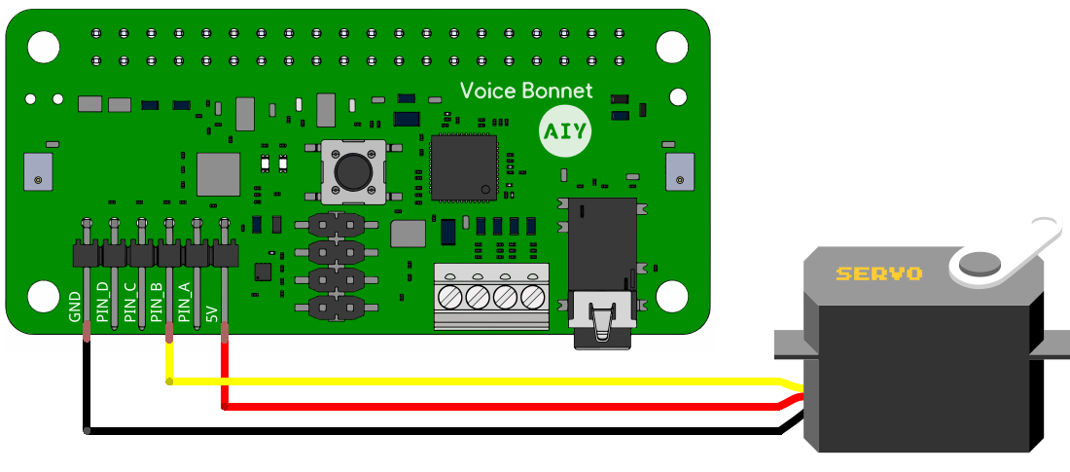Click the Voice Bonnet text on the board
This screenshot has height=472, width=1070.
click(x=525, y=91)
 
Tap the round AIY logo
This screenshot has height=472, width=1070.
click(x=564, y=131)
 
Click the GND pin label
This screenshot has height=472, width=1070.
click(x=75, y=306)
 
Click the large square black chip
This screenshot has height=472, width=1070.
click(x=464, y=166)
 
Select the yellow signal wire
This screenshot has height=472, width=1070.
click(x=486, y=381)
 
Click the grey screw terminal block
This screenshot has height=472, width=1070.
click(x=489, y=295)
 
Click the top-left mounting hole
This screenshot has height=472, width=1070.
click(x=42, y=46)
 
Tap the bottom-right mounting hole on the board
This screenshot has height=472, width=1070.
click(x=671, y=295)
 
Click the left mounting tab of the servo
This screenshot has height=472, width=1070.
click(x=787, y=344)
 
